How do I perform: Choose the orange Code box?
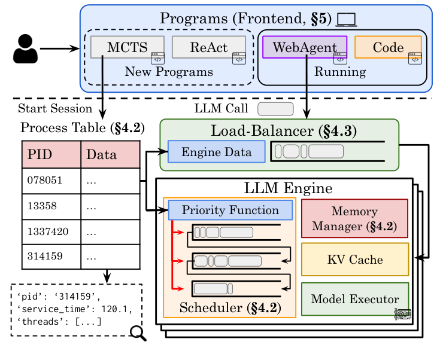tap(388, 47)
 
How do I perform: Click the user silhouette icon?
tap(25, 48)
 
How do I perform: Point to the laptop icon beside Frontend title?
tap(345, 20)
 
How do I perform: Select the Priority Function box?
tap(230, 210)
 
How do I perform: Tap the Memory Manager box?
tap(354, 218)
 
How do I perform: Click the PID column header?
tap(51, 155)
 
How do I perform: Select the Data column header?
tap(110, 155)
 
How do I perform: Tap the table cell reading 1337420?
tap(51, 231)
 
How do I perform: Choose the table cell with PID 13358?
tap(51, 206)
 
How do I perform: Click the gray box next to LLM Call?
tap(275, 109)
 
